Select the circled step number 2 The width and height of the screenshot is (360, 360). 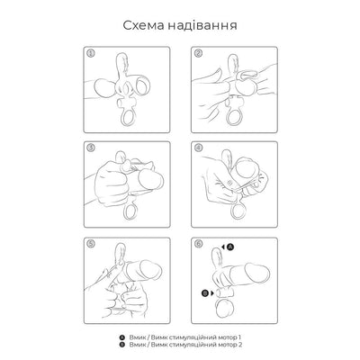point(197,52)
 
